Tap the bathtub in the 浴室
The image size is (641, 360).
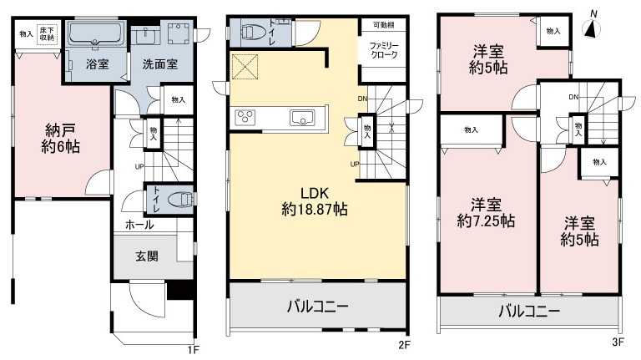(96, 33)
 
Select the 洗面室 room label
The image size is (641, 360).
(160, 63)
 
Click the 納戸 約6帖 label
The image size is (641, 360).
(60, 139)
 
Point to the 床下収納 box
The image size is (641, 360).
(47, 33)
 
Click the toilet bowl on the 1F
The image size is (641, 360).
(181, 200)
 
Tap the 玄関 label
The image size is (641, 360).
(147, 256)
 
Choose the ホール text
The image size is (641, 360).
(139, 225)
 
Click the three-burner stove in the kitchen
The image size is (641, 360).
(245, 118)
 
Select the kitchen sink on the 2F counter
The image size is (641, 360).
(302, 118)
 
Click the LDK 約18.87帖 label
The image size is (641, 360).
(315, 201)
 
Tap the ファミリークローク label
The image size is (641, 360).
(384, 50)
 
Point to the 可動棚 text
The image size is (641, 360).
(383, 25)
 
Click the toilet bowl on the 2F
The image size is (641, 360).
(252, 32)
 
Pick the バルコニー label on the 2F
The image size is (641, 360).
(317, 307)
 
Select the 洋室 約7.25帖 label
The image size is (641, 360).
(486, 213)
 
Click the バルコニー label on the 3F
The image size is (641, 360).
(529, 312)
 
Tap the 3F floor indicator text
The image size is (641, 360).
(618, 342)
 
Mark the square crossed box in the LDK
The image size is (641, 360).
(245, 66)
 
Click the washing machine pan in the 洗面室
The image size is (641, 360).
(179, 33)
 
